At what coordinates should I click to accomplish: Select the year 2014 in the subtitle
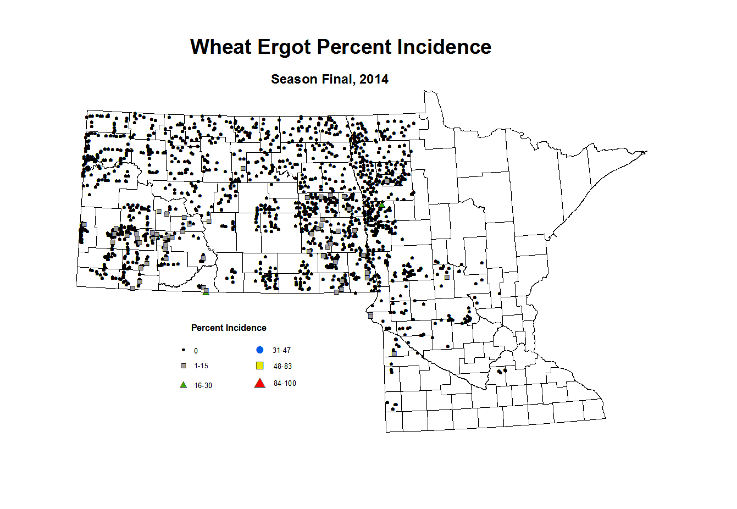tap(374, 79)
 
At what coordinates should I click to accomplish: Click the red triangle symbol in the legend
tap(260, 383)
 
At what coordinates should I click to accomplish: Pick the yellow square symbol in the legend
tap(260, 366)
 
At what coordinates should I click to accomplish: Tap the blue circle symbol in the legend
tap(260, 350)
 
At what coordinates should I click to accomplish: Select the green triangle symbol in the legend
tap(184, 385)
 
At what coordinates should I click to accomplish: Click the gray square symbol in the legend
tap(184, 366)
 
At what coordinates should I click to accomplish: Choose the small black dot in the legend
tap(183, 350)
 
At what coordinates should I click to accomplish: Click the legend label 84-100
tap(285, 383)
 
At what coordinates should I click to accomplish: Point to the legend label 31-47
tap(281, 350)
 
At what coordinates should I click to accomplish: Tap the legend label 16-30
tap(203, 385)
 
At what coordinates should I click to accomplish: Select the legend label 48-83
tap(282, 366)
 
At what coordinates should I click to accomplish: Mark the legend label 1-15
tap(201, 366)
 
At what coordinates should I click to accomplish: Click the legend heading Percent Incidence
tap(229, 328)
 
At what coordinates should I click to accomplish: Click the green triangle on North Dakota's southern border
tap(206, 292)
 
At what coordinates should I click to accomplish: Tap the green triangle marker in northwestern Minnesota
tap(381, 204)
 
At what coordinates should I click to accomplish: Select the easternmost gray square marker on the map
tap(447, 277)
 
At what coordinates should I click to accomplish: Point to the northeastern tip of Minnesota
tap(646, 152)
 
